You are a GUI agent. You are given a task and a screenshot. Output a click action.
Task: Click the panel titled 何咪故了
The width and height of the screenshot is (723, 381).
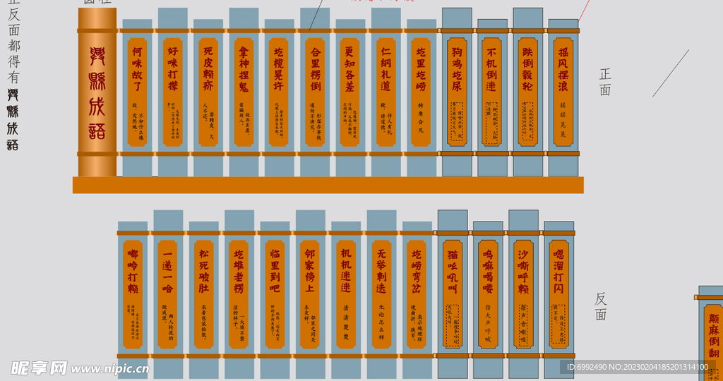click(x=137, y=92)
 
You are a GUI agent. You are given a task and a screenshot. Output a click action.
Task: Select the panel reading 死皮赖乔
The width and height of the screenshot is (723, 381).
click(x=208, y=92)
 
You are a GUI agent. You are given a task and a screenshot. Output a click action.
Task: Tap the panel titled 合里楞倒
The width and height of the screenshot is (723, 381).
click(x=315, y=92)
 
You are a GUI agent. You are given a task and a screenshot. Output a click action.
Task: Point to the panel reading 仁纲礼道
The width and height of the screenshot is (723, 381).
click(x=386, y=92)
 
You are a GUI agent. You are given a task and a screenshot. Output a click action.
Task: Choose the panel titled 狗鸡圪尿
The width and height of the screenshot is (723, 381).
click(x=457, y=92)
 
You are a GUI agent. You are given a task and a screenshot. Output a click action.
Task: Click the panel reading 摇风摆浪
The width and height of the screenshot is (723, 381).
click(x=563, y=92)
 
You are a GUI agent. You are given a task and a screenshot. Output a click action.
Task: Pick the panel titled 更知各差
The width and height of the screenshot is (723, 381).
click(x=350, y=92)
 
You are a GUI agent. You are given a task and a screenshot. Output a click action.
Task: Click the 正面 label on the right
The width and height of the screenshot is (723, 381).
click(x=605, y=81)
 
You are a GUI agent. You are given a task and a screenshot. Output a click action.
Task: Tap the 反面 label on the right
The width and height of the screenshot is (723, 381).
click(x=601, y=306)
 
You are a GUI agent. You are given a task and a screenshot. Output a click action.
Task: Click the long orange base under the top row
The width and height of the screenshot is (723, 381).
click(x=328, y=185)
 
